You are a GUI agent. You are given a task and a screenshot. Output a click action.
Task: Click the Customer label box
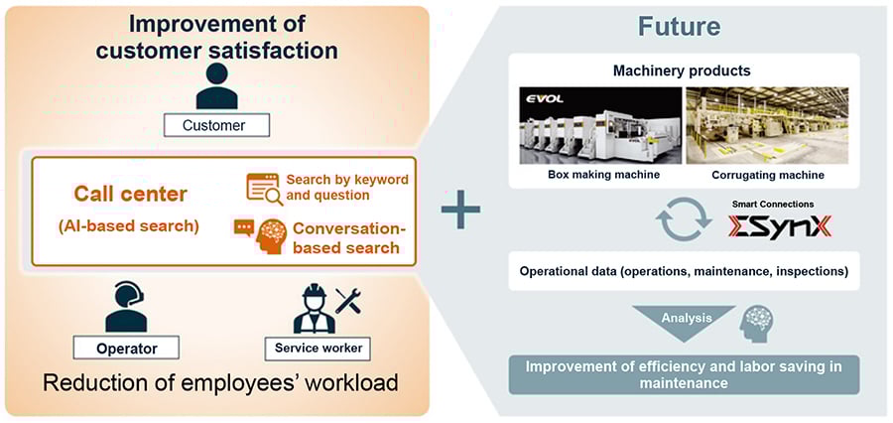pyautogui.click(x=214, y=125)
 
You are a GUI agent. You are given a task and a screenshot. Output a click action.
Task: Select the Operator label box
pyautogui.click(x=127, y=349)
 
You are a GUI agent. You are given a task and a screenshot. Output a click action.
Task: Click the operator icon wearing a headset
pyautogui.click(x=126, y=308)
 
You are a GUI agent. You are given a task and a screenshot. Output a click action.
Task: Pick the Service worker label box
pyautogui.click(x=315, y=349)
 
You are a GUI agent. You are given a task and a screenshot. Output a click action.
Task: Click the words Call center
pyautogui.click(x=130, y=195)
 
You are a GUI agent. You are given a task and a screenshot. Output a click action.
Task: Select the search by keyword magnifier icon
pyautogui.click(x=263, y=189)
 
